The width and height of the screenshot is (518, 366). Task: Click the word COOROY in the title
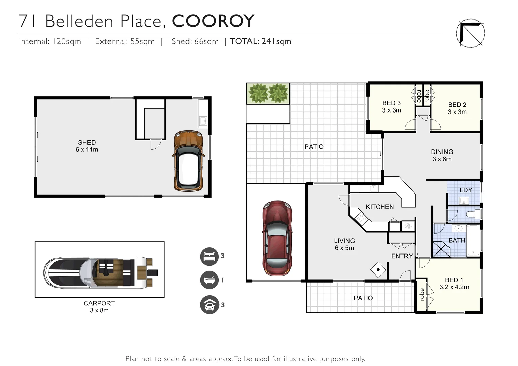(x=213, y=21)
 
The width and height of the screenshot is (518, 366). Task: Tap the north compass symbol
(x=470, y=33)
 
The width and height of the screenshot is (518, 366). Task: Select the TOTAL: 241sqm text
(x=260, y=41)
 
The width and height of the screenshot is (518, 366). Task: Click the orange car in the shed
(x=188, y=161)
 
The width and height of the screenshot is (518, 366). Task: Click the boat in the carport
(x=100, y=272)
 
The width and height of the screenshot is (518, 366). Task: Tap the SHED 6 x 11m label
(x=87, y=146)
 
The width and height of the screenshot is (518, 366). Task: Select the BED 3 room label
(x=392, y=106)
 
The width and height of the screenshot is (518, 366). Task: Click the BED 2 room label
(x=457, y=108)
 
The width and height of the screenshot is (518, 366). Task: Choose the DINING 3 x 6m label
(x=442, y=155)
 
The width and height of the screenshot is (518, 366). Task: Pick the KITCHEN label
(x=380, y=207)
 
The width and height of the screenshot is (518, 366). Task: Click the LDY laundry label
(x=466, y=190)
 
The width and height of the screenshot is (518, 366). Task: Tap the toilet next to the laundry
(x=473, y=214)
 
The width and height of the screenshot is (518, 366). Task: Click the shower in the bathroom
(x=441, y=249)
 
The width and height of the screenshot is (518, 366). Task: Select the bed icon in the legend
(x=209, y=257)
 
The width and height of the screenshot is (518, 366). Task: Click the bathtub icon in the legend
(x=209, y=280)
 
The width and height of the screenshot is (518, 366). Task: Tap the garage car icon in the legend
(x=209, y=305)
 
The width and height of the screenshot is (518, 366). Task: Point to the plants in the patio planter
(x=268, y=93)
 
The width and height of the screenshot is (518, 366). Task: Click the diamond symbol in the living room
(x=378, y=270)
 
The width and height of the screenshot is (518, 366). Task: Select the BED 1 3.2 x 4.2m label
(x=454, y=284)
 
